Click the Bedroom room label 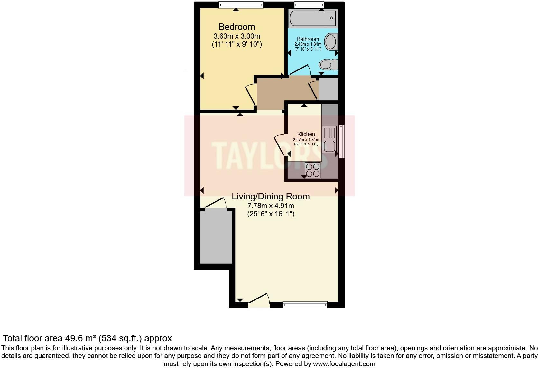(x=237, y=27)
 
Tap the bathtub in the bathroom (x=312, y=18)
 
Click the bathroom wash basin (x=330, y=42)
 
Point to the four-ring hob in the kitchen (x=312, y=170)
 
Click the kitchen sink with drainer (x=329, y=140)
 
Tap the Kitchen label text (x=306, y=134)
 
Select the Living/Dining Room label (x=271, y=196)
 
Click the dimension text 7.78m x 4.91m (x=271, y=206)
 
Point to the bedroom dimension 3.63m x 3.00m (x=237, y=36)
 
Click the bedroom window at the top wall (x=241, y=5)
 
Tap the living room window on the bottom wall (x=305, y=304)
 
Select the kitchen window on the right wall (x=341, y=142)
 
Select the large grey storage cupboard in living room (x=216, y=237)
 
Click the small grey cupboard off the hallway (x=328, y=89)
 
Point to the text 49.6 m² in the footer (x=81, y=338)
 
